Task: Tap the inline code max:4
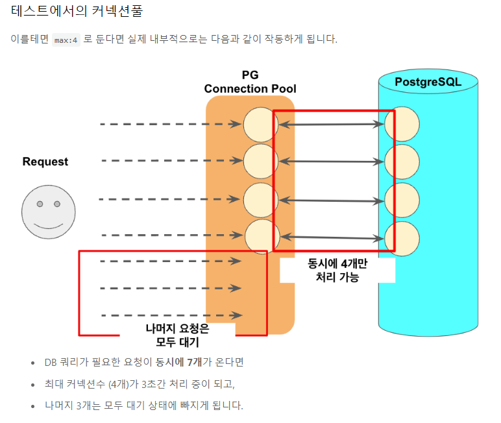(x=66, y=40)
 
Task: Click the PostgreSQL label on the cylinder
(x=428, y=82)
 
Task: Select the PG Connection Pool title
(x=250, y=82)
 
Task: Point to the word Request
(x=45, y=162)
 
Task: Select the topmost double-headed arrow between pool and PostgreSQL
(x=332, y=125)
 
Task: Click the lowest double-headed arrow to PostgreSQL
(x=332, y=238)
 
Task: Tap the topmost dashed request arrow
(x=170, y=124)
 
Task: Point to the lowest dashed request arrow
(x=170, y=316)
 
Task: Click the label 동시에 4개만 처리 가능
(x=337, y=270)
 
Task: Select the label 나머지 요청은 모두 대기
(x=177, y=335)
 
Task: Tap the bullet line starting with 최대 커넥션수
(x=140, y=384)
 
